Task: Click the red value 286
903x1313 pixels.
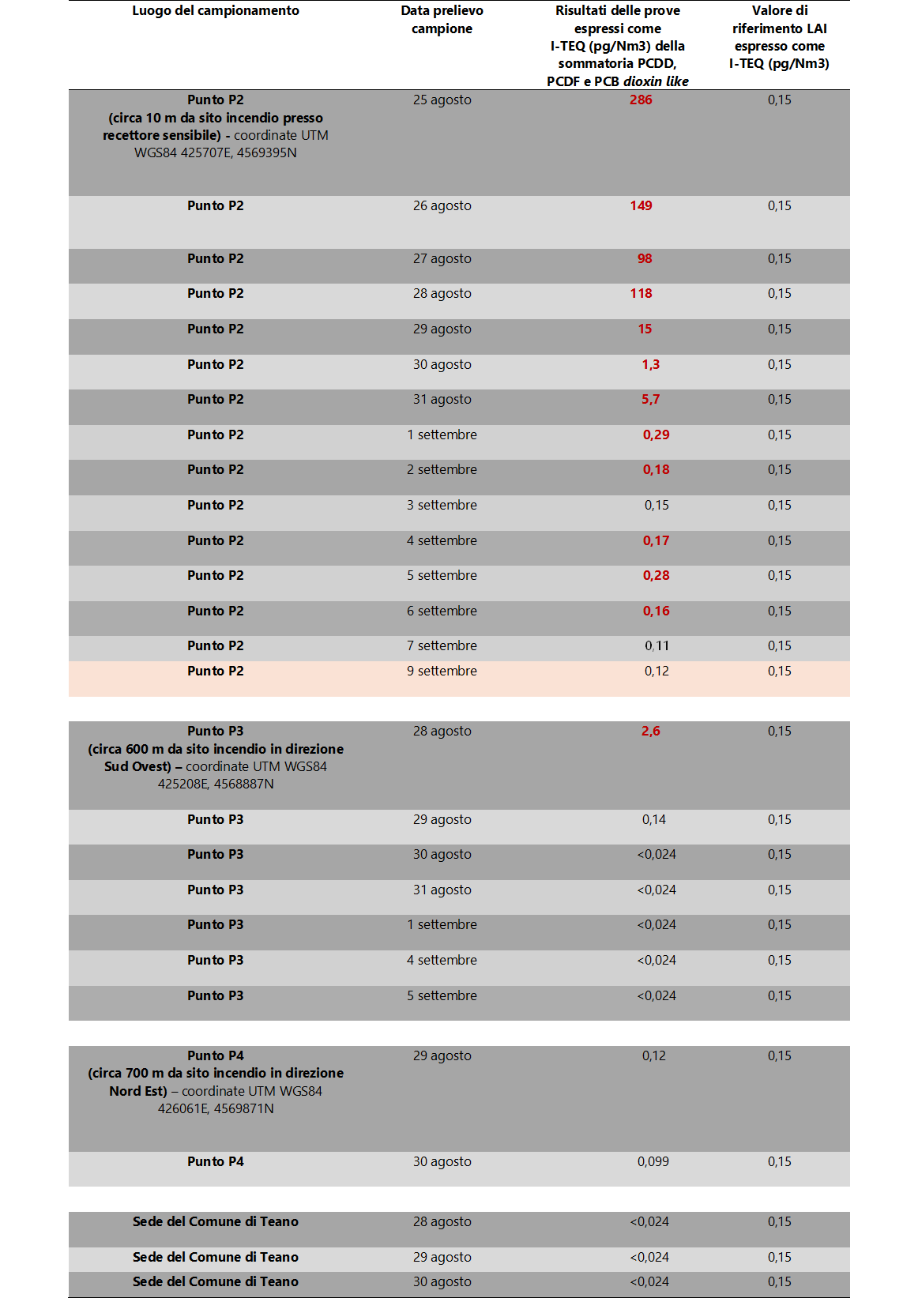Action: coord(641,100)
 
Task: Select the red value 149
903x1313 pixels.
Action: coord(641,205)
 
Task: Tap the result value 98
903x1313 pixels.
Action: coord(645,258)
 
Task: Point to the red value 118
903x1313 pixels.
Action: coord(641,293)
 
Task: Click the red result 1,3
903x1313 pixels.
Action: coord(650,364)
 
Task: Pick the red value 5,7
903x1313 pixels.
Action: coord(650,399)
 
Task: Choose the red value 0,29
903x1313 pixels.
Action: coord(656,435)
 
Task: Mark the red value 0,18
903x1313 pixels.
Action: coord(656,469)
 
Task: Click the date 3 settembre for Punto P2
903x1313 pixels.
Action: coord(442,505)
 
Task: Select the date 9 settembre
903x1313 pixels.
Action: coord(442,671)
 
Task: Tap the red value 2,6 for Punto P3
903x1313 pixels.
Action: coord(650,731)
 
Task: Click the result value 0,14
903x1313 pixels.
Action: coord(653,819)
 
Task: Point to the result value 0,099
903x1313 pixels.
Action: coord(653,1161)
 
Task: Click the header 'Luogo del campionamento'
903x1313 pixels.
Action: coord(216,10)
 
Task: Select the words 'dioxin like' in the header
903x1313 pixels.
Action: coord(656,81)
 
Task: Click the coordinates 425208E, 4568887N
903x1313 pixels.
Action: coord(216,784)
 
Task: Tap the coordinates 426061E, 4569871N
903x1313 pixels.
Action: coord(216,1108)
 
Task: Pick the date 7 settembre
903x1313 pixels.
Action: coord(442,645)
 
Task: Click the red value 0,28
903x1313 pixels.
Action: coord(656,575)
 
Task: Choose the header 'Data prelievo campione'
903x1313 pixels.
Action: coord(442,20)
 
